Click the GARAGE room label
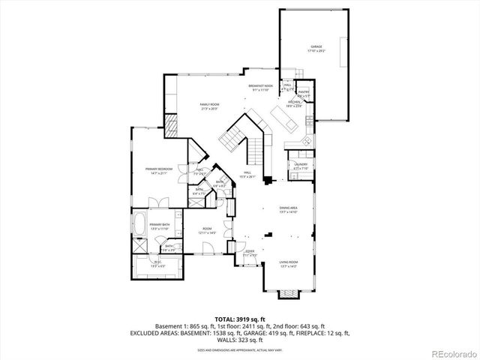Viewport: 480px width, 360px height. [x=316, y=48]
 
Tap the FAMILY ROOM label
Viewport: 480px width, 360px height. [x=209, y=106]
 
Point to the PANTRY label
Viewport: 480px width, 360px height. [x=303, y=94]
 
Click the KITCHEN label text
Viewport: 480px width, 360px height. [x=293, y=105]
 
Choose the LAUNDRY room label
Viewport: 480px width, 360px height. [x=301, y=166]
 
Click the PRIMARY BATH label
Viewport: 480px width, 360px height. [x=158, y=226]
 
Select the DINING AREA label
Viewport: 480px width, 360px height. [x=288, y=210]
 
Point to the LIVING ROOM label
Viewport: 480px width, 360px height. [x=288, y=263]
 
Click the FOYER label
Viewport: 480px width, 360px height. [x=250, y=253]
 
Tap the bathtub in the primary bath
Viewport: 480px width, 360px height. [x=139, y=223]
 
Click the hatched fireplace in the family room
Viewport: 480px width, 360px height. [x=171, y=124]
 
